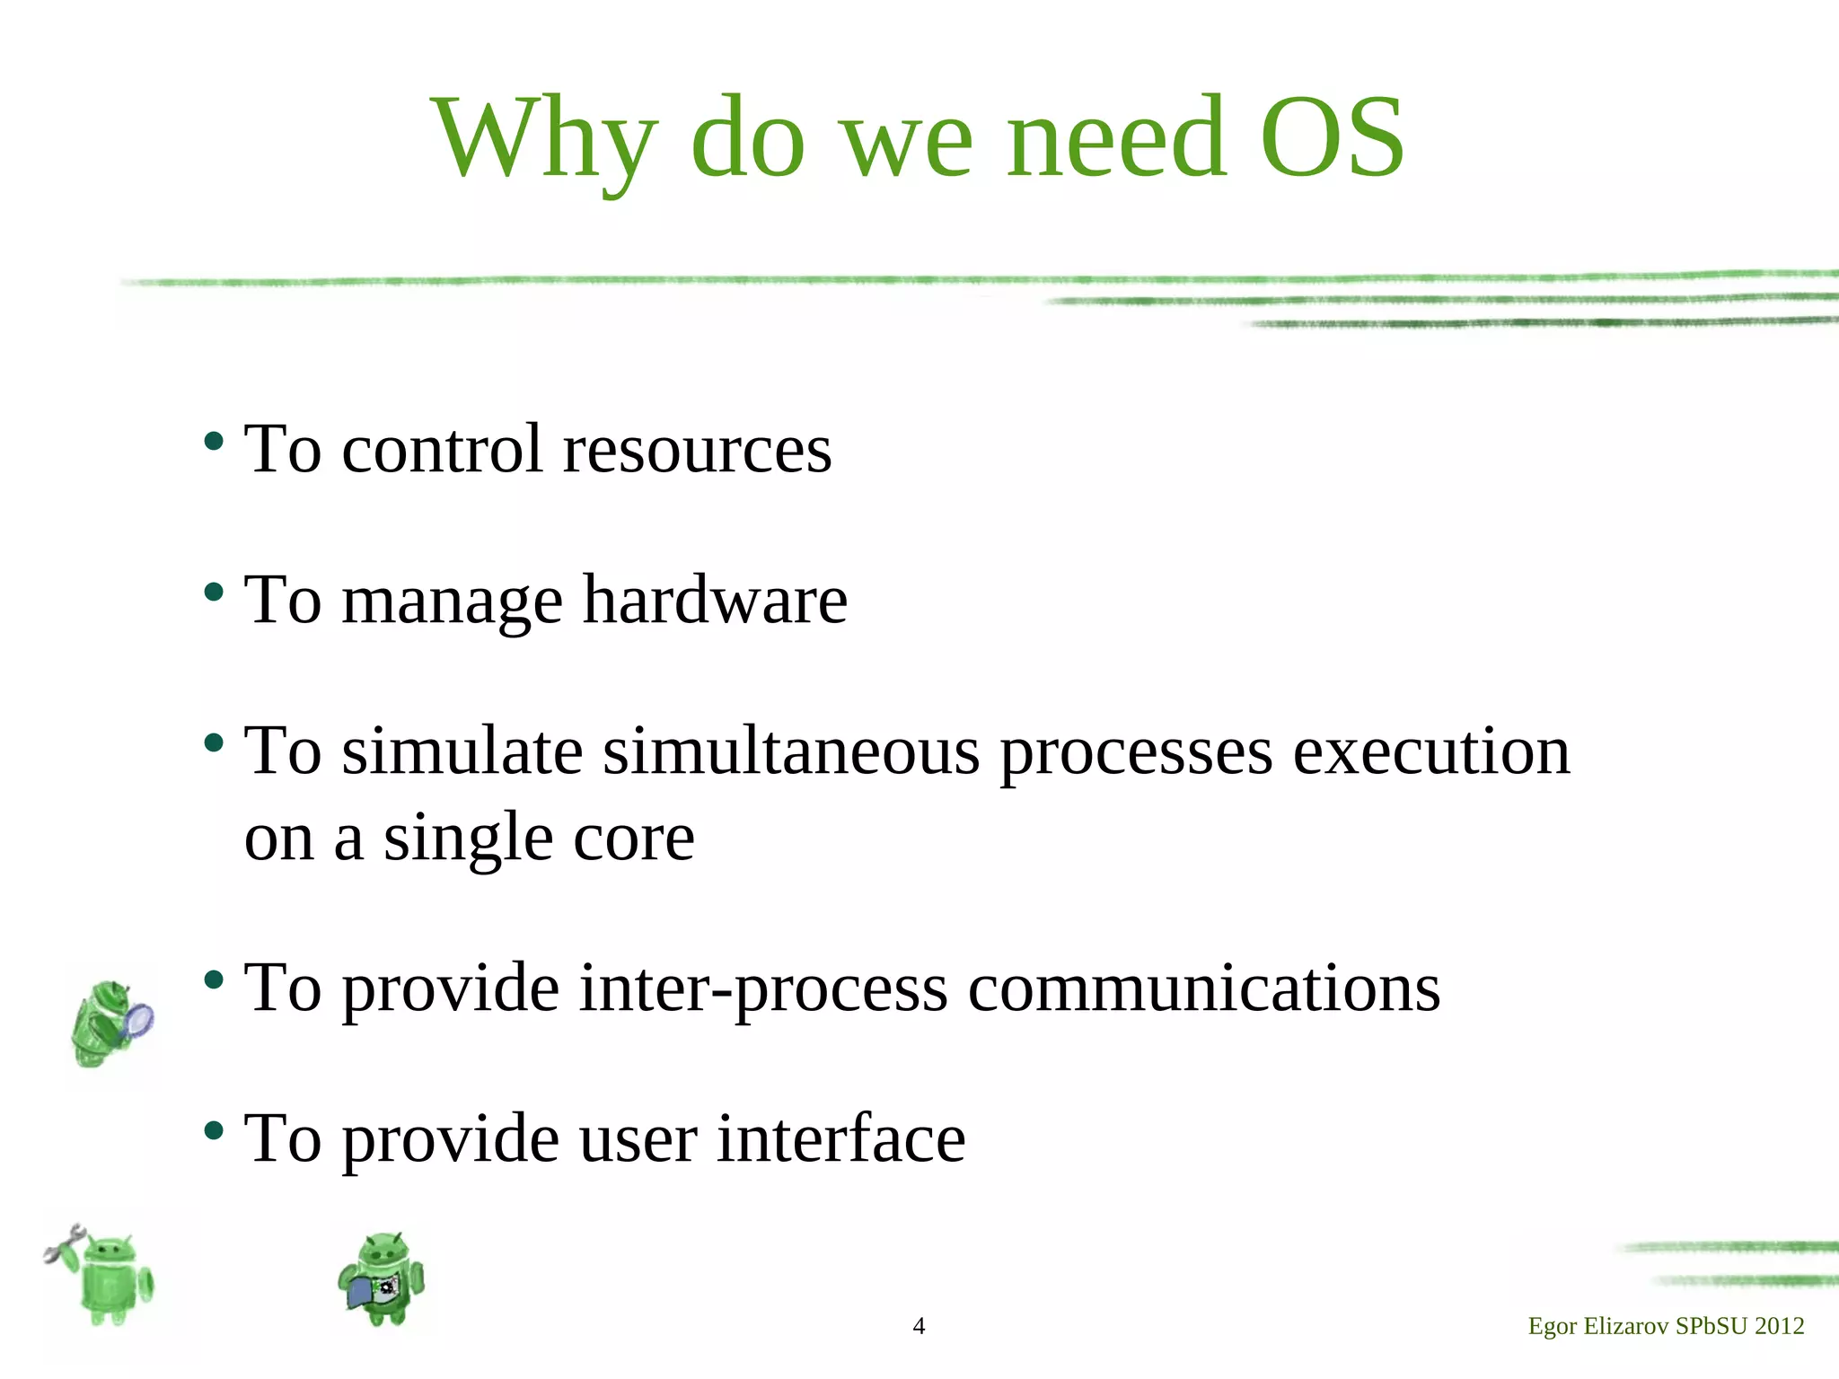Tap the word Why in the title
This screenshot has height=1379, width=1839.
[544, 139]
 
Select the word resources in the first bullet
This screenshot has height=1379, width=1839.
[697, 449]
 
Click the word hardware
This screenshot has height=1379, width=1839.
[715, 600]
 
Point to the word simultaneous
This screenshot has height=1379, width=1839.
[791, 751]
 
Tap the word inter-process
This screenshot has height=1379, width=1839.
[763, 988]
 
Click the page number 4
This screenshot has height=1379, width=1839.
[919, 1326]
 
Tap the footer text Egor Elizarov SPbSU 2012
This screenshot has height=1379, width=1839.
[1666, 1326]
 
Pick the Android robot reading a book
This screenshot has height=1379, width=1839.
[383, 1278]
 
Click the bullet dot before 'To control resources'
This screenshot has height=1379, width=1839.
[214, 441]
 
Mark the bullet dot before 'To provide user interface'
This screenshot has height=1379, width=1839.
[214, 1130]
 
